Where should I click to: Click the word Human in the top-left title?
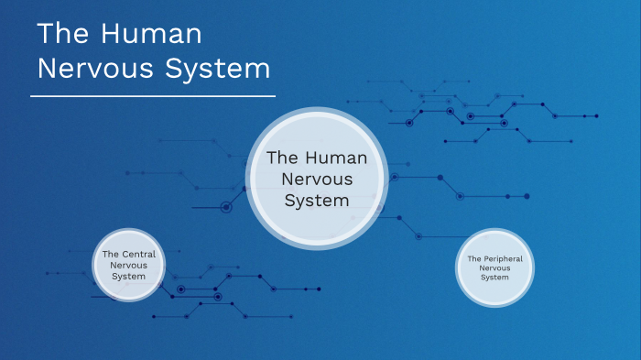click(x=151, y=35)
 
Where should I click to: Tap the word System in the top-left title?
click(x=218, y=69)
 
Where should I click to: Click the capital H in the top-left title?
click(x=114, y=35)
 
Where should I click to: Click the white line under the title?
click(x=153, y=95)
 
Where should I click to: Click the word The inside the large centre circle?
click(x=281, y=158)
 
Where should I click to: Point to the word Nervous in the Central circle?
click(x=128, y=265)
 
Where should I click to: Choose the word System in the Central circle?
click(x=128, y=276)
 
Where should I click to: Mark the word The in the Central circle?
click(x=111, y=254)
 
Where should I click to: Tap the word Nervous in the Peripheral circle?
click(x=494, y=267)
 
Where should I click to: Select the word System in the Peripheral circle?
click(x=494, y=277)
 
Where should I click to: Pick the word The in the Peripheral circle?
click(x=473, y=258)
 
